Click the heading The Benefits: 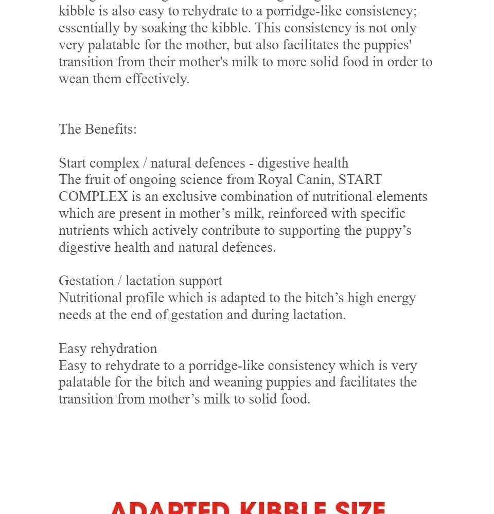[x=98, y=130]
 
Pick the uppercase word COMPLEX [x=93, y=197]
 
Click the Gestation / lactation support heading [x=140, y=281]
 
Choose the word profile [x=140, y=298]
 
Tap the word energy [x=395, y=298]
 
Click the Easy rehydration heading [x=108, y=349]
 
